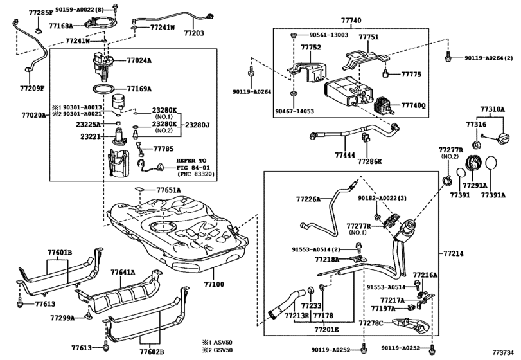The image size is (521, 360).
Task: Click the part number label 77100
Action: tap(214, 284)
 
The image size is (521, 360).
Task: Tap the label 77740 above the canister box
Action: tap(351, 21)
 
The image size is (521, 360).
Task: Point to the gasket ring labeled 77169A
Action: tap(104, 89)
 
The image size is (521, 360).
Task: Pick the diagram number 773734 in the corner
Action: tap(503, 352)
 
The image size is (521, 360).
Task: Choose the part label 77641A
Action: tap(123, 272)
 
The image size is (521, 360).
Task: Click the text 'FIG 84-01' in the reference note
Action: tap(193, 168)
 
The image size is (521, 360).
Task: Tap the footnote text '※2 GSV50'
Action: tap(218, 350)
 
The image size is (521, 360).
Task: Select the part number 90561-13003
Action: tap(329, 35)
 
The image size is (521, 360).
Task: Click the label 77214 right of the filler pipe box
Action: tap(454, 253)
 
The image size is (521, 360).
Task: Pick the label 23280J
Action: tap(197, 125)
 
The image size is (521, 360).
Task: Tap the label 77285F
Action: tap(41, 14)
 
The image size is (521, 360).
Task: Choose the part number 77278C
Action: tap(371, 323)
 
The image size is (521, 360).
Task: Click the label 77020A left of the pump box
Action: tap(34, 115)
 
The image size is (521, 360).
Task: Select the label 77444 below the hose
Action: tap(345, 155)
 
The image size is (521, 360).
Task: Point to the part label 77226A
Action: tap(308, 199)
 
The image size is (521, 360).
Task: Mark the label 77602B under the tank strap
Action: tap(152, 352)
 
